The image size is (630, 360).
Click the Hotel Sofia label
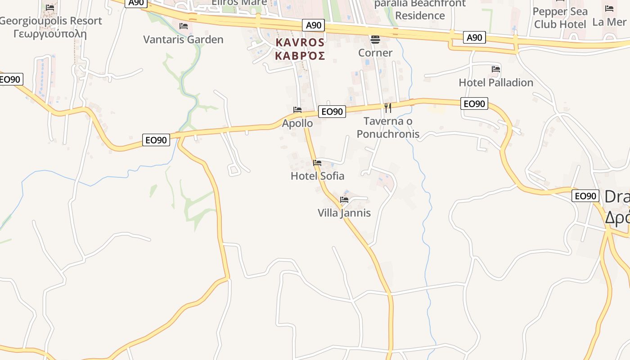pyautogui.click(x=317, y=176)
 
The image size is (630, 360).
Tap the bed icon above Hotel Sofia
pyautogui.click(x=317, y=163)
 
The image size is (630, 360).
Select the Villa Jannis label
pyautogui.click(x=344, y=213)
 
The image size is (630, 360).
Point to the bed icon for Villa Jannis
pyautogui.click(x=344, y=200)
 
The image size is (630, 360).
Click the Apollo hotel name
pyautogui.click(x=297, y=123)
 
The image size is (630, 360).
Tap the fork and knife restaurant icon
pyautogui.click(x=387, y=108)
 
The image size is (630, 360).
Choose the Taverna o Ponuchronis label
pyautogui.click(x=388, y=127)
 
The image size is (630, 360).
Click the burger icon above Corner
pyautogui.click(x=375, y=40)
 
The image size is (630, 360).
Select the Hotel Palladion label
pyautogui.click(x=496, y=83)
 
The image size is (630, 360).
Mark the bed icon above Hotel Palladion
pyautogui.click(x=496, y=69)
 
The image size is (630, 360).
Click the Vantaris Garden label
pyautogui.click(x=183, y=40)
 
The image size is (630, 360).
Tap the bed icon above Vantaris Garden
pyautogui.click(x=183, y=26)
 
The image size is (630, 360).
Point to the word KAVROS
pyautogui.click(x=300, y=43)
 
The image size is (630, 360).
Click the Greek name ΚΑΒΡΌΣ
pyautogui.click(x=300, y=56)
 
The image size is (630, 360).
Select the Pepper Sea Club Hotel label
pyautogui.click(x=560, y=18)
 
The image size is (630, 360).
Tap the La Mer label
pyautogui.click(x=609, y=22)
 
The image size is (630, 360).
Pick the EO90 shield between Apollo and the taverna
pyautogui.click(x=332, y=112)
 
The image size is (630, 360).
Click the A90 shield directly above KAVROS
pyautogui.click(x=313, y=25)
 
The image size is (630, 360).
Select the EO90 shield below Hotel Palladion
pyautogui.click(x=474, y=104)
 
